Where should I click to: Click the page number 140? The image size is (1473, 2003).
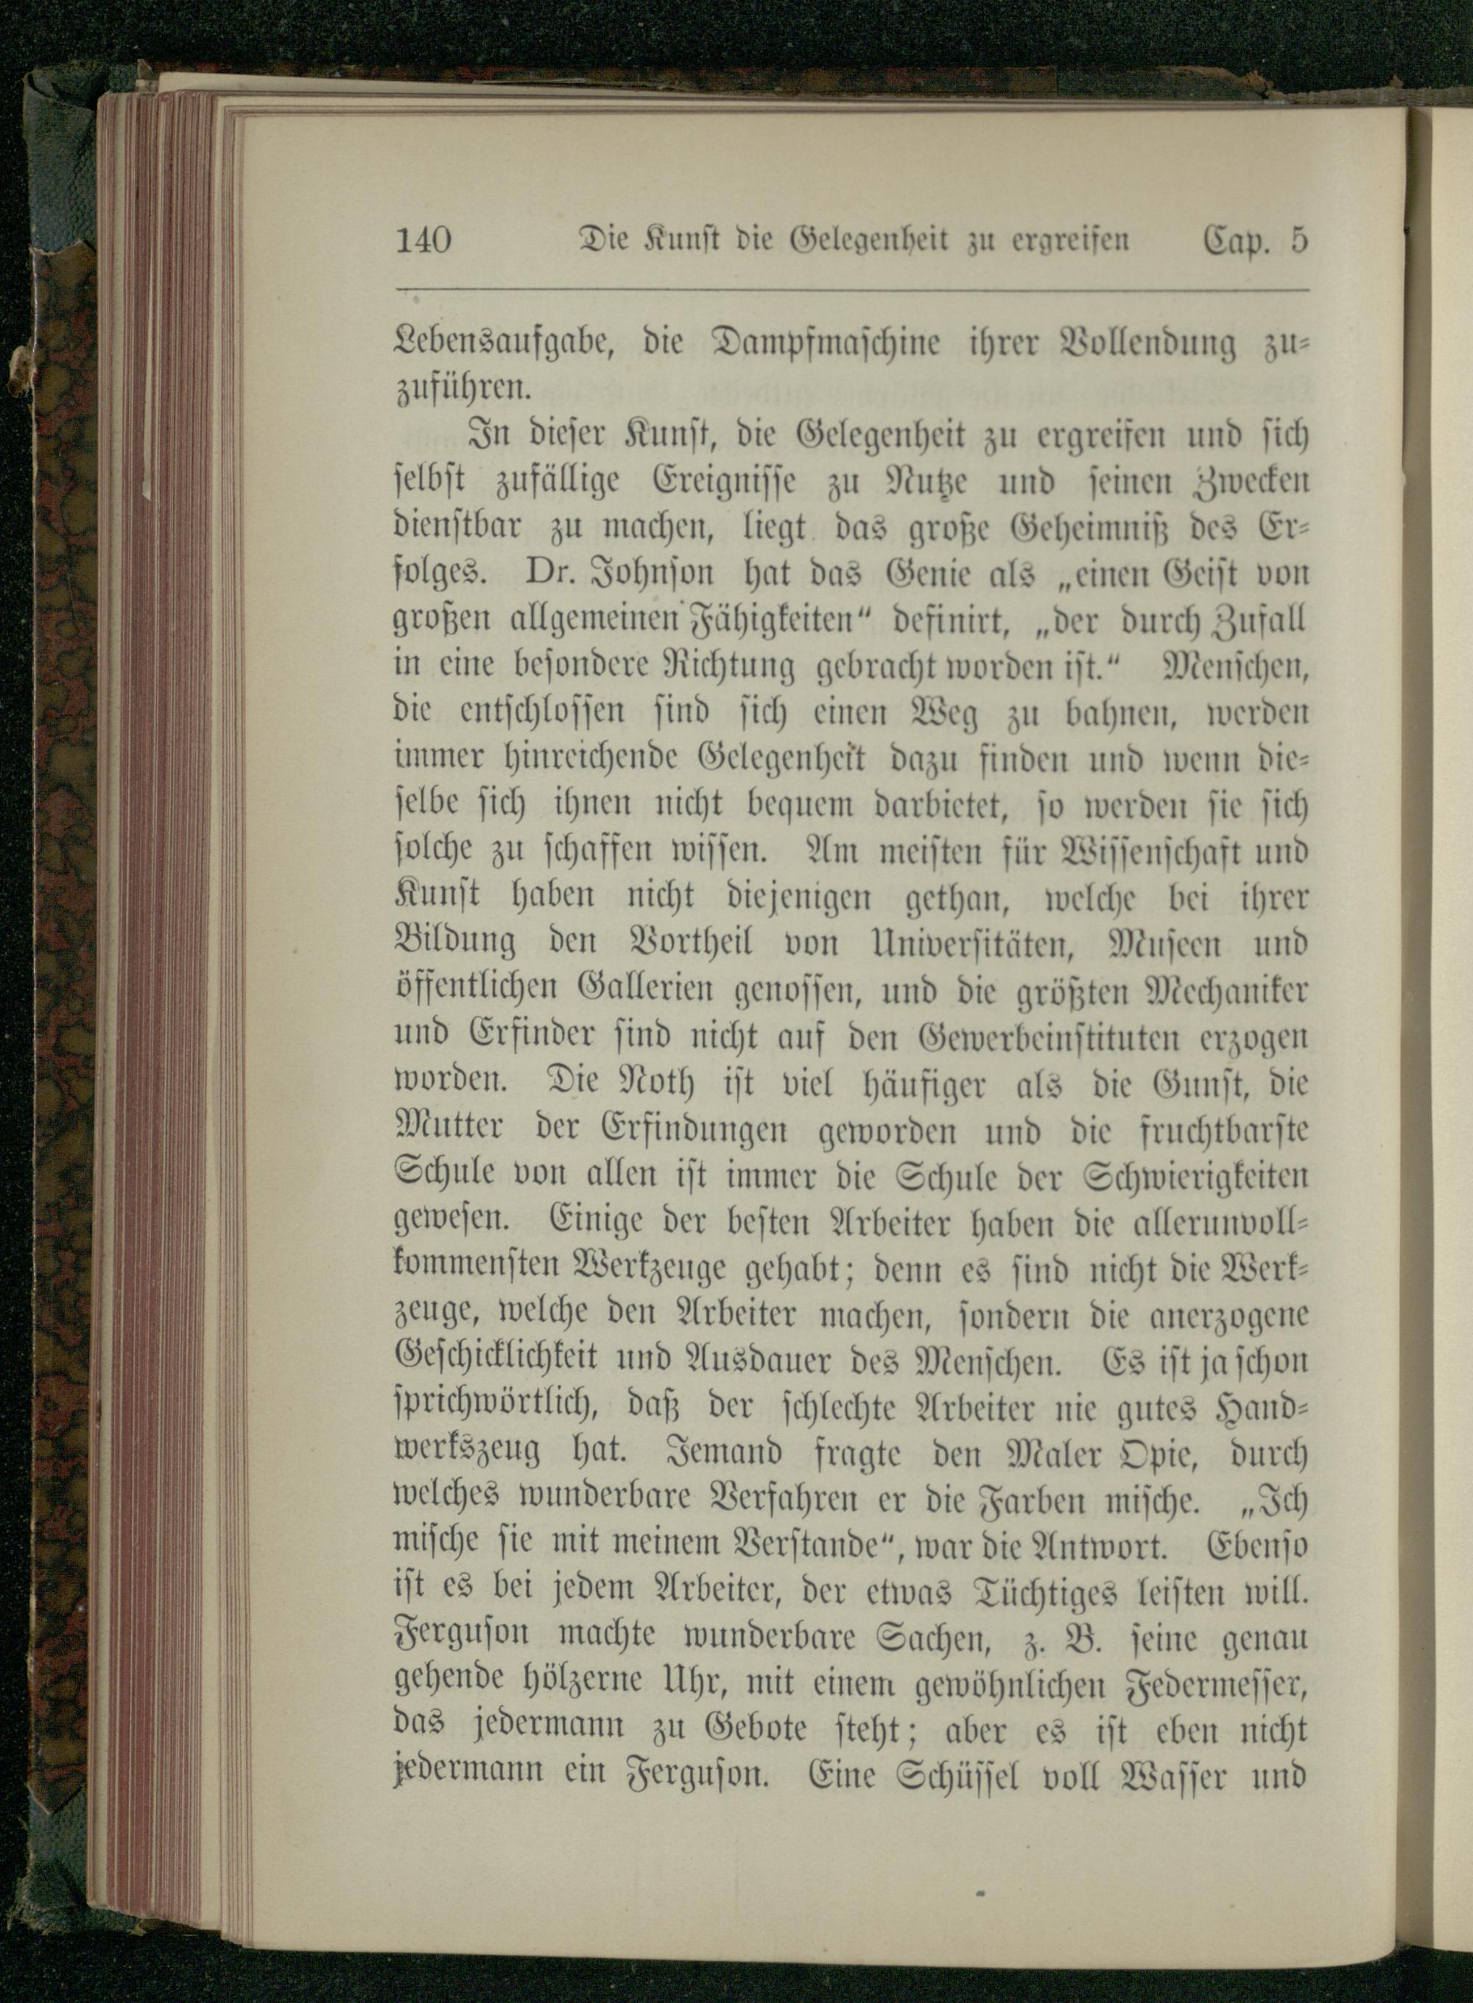tap(423, 242)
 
